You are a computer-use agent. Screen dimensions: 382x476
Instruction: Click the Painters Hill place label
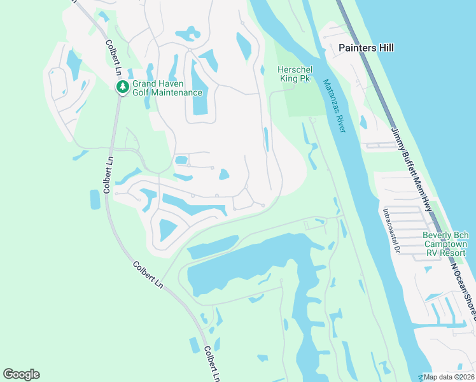(366, 48)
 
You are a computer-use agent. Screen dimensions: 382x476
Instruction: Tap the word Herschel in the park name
(293, 69)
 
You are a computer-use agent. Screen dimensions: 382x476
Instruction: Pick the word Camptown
(445, 244)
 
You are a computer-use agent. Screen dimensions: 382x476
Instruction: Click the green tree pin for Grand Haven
(121, 87)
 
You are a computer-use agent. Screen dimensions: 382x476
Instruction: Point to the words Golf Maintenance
(167, 92)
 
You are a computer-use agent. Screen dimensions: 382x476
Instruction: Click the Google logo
(21, 374)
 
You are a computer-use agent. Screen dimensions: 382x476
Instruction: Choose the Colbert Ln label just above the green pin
(114, 61)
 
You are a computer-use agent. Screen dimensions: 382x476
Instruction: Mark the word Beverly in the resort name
(438, 235)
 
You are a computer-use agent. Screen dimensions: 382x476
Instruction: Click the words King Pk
(293, 78)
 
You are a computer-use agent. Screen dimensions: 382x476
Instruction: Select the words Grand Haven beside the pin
(158, 83)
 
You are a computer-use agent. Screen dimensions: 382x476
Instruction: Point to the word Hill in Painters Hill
(384, 48)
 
